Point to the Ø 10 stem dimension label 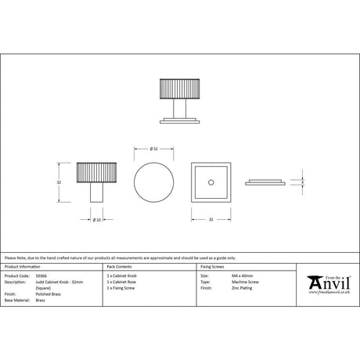[95, 219]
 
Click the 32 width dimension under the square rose [211, 220]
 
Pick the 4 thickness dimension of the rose [302, 182]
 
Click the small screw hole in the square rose [211, 182]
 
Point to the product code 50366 [41, 276]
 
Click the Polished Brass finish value [48, 293]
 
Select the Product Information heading [23, 268]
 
